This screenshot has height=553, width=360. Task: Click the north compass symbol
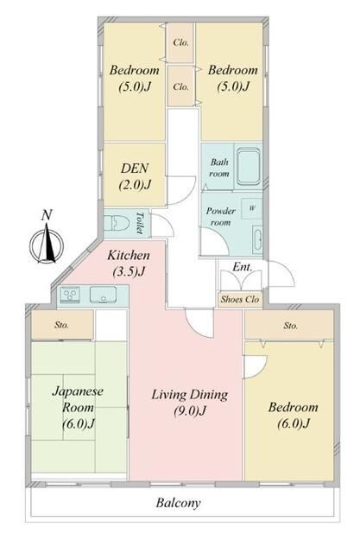47,245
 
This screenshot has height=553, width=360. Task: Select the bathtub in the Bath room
249,167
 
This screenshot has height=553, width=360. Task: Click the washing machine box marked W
251,208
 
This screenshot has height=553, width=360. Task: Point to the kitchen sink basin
104,295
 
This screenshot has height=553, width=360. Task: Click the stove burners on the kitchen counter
71,295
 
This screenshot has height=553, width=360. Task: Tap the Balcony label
178,503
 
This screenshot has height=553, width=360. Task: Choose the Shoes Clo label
240,300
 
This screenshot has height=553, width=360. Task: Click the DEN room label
135,176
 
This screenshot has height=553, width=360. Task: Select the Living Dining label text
190,402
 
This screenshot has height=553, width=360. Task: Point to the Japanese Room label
78,407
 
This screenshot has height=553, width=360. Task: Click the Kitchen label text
129,263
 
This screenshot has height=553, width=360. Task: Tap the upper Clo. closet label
180,42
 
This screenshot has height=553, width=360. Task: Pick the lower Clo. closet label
180,86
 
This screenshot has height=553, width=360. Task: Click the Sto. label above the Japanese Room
61,325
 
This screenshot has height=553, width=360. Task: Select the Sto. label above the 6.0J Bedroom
291,326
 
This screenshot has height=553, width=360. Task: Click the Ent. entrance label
243,267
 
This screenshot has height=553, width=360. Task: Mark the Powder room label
220,217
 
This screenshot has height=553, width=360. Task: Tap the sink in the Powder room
257,239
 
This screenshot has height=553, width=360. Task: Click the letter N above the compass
47,215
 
